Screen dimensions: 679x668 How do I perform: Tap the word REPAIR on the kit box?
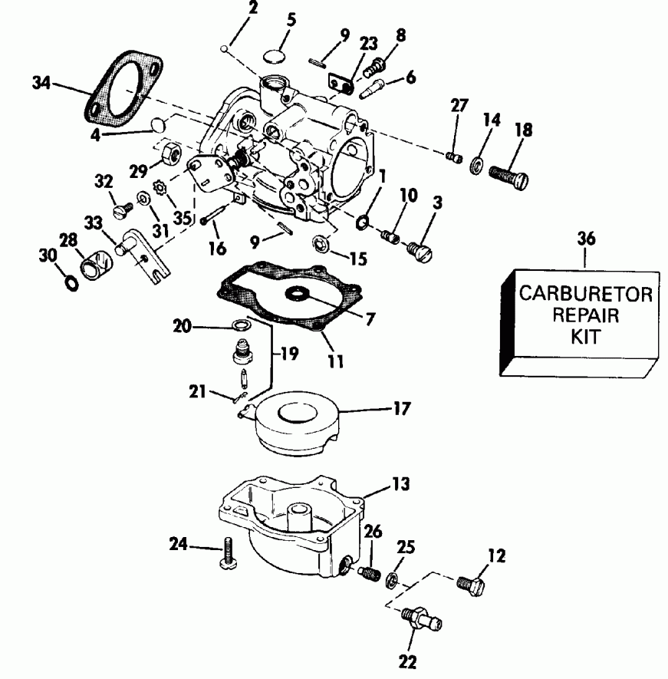click(x=587, y=315)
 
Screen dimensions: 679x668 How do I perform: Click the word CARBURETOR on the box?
click(x=587, y=294)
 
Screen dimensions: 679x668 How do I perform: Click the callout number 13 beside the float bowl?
click(x=401, y=484)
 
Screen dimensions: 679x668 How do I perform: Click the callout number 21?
click(x=197, y=392)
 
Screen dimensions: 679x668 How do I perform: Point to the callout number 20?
click(x=182, y=325)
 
